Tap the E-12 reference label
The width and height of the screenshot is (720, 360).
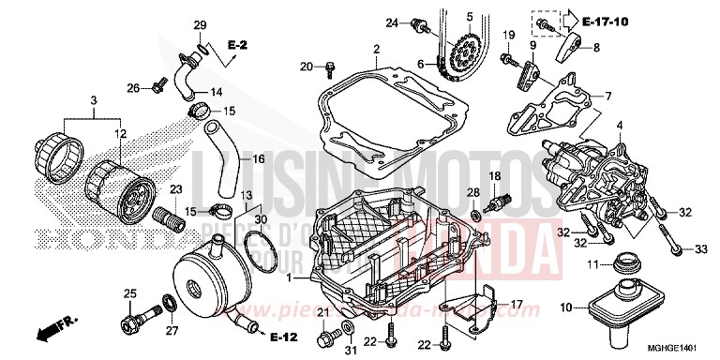pos(282,336)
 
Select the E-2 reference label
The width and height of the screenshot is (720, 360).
pos(238,43)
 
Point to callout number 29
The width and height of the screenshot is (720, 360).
pos(199,23)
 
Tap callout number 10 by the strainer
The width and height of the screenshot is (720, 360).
pos(565,307)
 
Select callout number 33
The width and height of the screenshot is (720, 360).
pos(700,248)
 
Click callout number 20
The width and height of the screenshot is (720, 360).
pos(306,66)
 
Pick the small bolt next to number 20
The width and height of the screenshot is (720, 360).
pos(330,67)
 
